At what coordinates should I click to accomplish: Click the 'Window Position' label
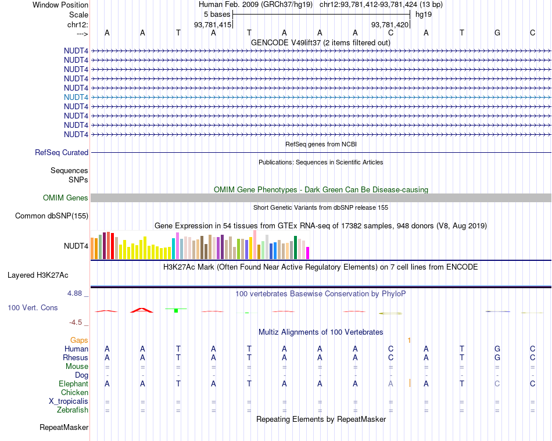point(60,5)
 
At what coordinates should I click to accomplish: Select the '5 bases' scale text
point(217,14)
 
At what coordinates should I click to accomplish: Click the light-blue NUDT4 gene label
point(76,97)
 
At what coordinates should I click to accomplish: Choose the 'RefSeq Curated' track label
point(62,153)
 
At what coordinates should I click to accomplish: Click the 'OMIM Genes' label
point(66,198)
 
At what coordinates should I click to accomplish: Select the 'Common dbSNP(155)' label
point(51,216)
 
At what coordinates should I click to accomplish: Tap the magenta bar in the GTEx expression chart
point(308,253)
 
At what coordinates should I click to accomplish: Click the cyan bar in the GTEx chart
point(174,249)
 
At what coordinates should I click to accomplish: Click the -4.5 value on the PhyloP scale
point(76,322)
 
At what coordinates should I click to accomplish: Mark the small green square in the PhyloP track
point(175,311)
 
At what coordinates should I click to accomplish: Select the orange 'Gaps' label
point(79,340)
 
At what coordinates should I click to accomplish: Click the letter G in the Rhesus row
point(497,357)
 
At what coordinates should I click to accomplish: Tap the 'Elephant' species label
point(73,383)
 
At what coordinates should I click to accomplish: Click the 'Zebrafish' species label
point(73,410)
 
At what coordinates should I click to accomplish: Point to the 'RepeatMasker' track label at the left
point(64,428)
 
